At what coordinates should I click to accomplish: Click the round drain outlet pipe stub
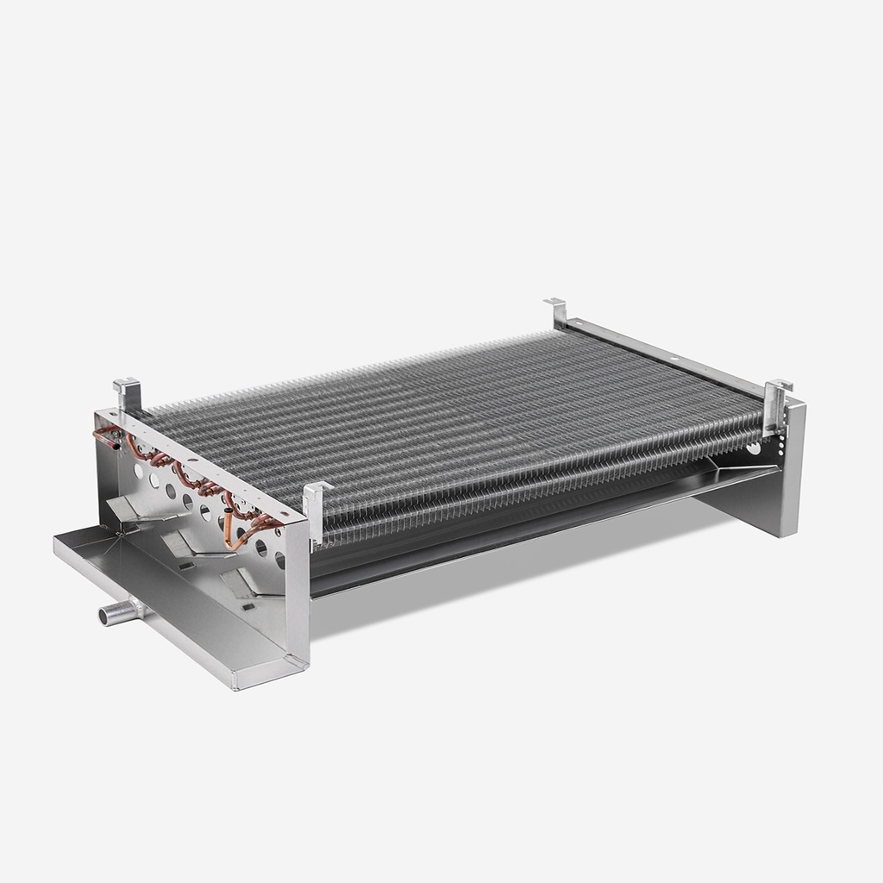[119, 613]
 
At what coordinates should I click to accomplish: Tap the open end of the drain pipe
[104, 616]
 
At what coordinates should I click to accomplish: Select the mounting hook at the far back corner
[556, 311]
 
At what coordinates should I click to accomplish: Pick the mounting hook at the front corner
[316, 510]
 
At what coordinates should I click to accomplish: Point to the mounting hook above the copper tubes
[128, 394]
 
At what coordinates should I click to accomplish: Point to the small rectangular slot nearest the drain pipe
[184, 566]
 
